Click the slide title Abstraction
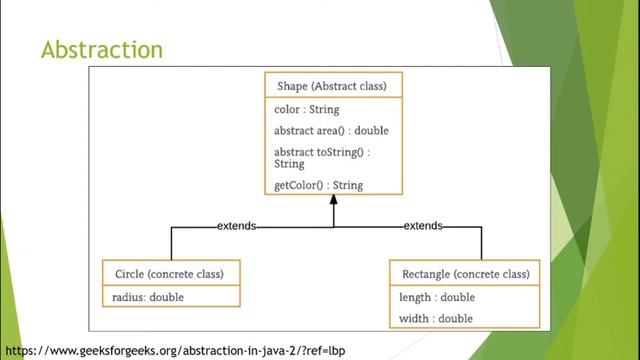click(101, 49)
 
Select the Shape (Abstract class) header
click(333, 86)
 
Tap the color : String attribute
click(307, 109)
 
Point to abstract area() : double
click(331, 131)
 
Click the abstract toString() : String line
click(322, 157)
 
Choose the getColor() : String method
click(318, 185)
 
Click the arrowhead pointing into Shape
click(334, 201)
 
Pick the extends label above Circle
click(236, 226)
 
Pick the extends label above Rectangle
click(423, 226)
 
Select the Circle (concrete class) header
click(170, 274)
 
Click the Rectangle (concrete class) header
click(465, 274)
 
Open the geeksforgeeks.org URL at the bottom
click(175, 351)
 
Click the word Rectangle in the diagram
click(426, 274)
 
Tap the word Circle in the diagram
click(129, 274)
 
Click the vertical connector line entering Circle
click(171, 243)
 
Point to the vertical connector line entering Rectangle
click(481, 243)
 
